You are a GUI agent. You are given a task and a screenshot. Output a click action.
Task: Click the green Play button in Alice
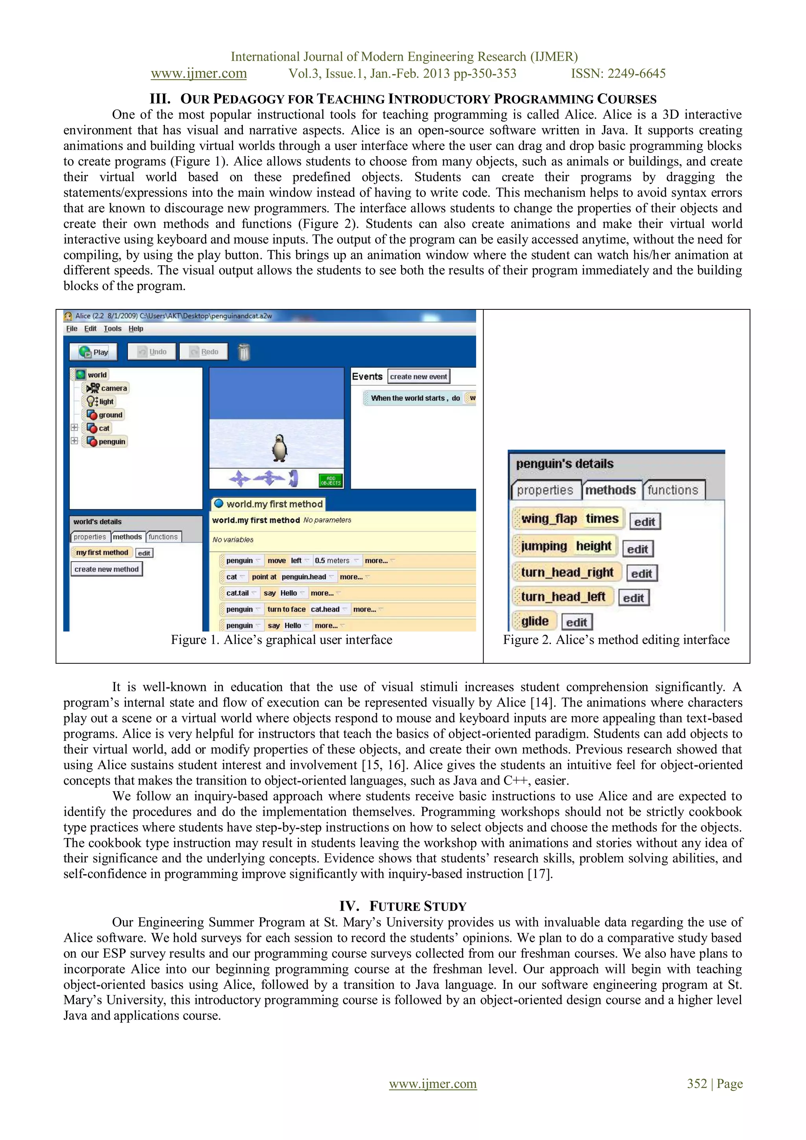[93, 352]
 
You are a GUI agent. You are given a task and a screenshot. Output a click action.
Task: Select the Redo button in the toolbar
[204, 352]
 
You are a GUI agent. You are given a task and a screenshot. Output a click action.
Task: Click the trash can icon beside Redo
[244, 352]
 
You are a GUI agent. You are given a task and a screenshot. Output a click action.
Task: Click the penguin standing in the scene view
[279, 448]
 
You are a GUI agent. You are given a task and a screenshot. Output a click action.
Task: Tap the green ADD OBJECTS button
[331, 480]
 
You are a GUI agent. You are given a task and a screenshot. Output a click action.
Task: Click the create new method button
[106, 569]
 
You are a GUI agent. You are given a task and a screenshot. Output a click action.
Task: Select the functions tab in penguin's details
[673, 490]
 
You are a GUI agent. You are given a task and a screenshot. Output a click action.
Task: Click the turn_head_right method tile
[567, 572]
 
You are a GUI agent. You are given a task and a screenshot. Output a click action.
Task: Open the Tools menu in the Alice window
[112, 329]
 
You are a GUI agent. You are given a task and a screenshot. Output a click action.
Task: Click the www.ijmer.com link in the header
[198, 74]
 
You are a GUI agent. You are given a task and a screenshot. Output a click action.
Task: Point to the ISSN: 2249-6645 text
[618, 74]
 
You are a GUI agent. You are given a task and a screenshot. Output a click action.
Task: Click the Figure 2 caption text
[616, 640]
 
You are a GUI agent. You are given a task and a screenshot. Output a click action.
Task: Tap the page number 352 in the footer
[696, 1083]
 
